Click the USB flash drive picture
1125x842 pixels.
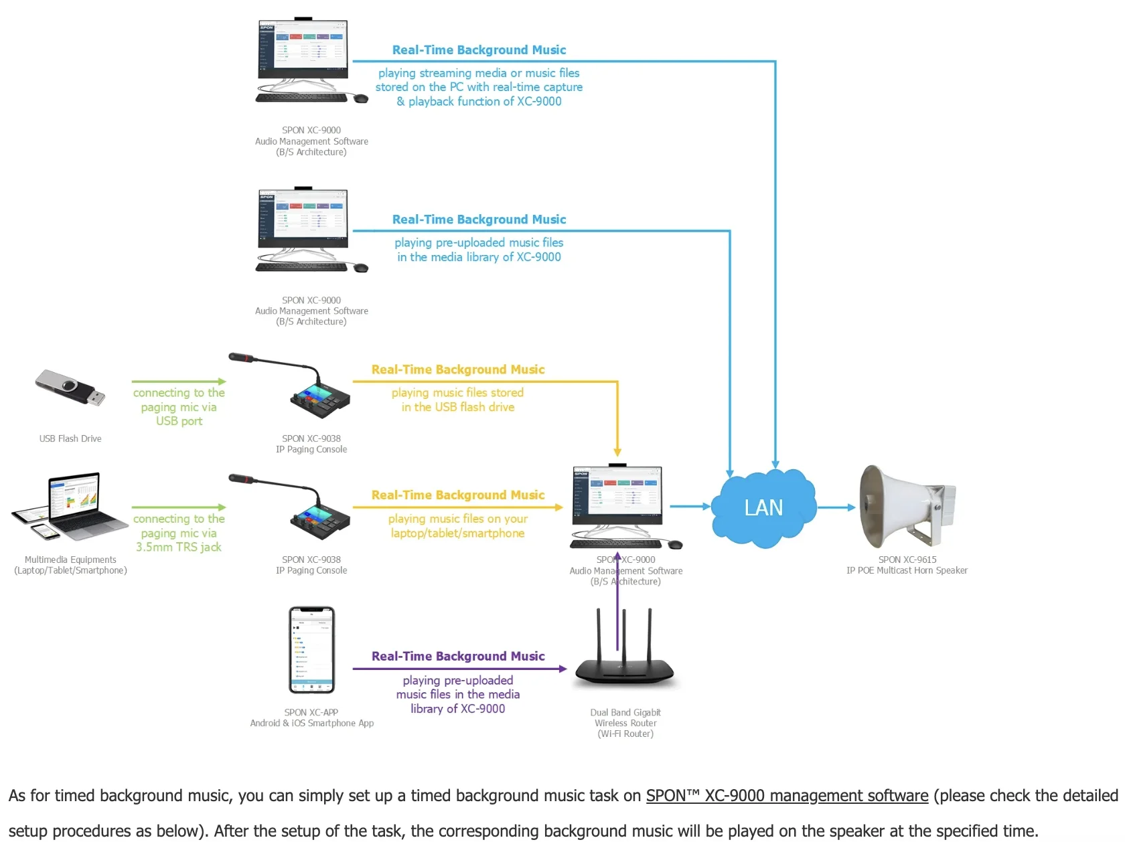pos(70,388)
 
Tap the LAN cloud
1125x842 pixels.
pos(763,507)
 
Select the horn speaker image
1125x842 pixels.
pos(907,506)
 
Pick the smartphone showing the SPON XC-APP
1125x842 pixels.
pos(311,650)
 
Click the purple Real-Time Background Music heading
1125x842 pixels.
pos(458,657)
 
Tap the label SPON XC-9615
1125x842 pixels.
pos(907,560)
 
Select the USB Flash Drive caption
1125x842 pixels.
pos(70,439)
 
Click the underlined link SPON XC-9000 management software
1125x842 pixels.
pos(787,796)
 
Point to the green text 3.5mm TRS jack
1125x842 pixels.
pos(179,548)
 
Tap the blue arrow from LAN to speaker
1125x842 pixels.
pos(836,507)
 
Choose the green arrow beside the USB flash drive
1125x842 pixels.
pos(179,382)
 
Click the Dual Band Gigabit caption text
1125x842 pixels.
pos(625,713)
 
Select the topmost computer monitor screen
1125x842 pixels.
pos(303,45)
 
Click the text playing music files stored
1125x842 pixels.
pos(457,393)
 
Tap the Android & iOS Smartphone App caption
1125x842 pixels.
pos(312,724)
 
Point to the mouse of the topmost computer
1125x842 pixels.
pos(361,98)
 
